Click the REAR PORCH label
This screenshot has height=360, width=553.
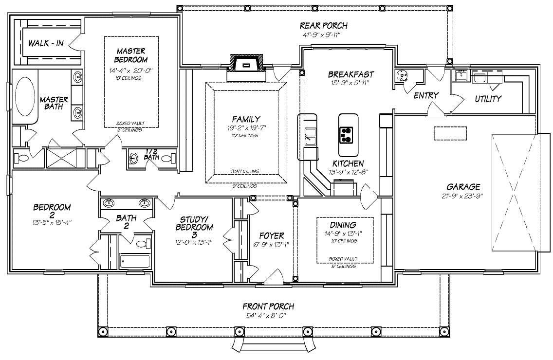tap(323, 26)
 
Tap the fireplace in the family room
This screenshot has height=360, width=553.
tap(246, 65)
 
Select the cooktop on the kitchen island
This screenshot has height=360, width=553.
tap(346, 135)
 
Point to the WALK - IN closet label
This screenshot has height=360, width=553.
tap(46, 43)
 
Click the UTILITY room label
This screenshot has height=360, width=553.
tap(488, 99)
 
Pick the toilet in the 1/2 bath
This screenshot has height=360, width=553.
tap(166, 159)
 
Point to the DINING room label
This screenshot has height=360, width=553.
tap(343, 225)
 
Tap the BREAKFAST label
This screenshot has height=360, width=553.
tap(350, 74)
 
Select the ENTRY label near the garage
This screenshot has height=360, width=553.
tap(426, 96)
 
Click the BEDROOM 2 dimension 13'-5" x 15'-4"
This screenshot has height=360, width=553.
tap(52, 223)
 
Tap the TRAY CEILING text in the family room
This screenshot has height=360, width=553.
tap(244, 171)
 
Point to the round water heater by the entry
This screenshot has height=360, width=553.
tap(403, 75)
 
